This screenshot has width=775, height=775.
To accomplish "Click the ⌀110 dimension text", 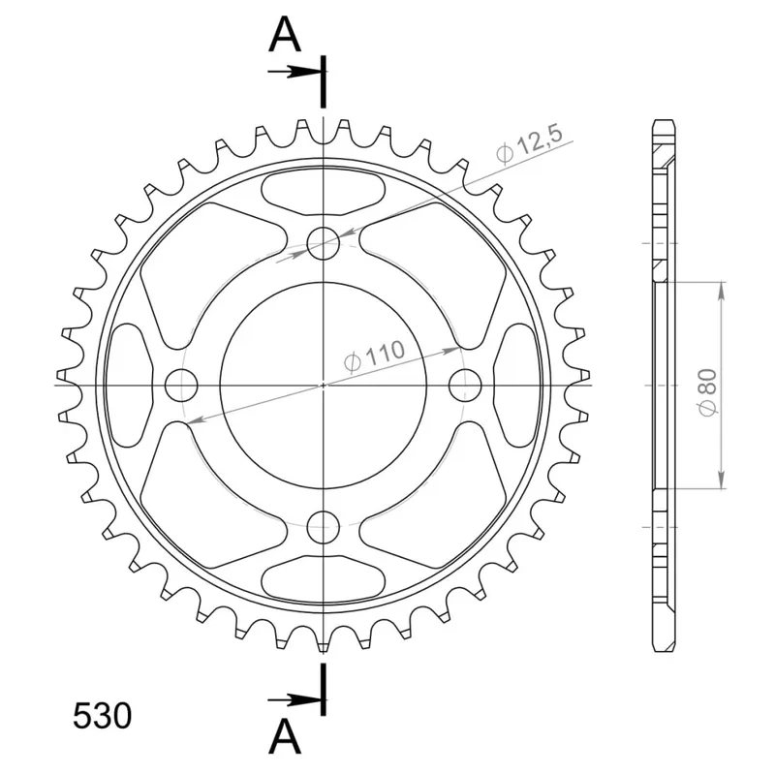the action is tap(374, 356).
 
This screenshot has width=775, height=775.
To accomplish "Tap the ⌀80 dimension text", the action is tap(707, 392).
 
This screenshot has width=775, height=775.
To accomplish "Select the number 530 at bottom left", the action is tap(103, 716).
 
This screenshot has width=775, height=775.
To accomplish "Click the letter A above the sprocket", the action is tap(285, 34).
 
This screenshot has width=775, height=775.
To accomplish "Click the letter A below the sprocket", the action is tap(285, 735).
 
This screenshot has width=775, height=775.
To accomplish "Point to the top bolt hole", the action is tap(323, 243).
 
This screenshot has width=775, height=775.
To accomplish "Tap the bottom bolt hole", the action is tap(323, 527).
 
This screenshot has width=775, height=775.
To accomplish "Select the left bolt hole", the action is tap(181, 385).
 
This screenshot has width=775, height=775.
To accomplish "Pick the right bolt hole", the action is tap(465, 385).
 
